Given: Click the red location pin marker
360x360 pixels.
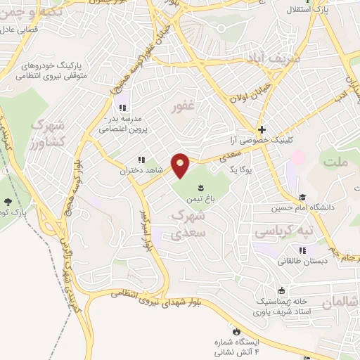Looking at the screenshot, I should pyautogui.click(x=181, y=165).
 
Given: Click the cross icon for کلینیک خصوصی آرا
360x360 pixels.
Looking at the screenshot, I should pyautogui.click(x=262, y=129).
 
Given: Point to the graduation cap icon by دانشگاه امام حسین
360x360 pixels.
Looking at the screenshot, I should pyautogui.click(x=302, y=198).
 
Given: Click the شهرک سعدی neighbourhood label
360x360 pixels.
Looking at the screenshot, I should pyautogui.click(x=188, y=221).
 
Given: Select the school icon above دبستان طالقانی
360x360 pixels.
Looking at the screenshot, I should pyautogui.click(x=302, y=250).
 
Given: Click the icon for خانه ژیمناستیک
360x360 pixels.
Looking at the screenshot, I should pyautogui.click(x=282, y=290).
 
